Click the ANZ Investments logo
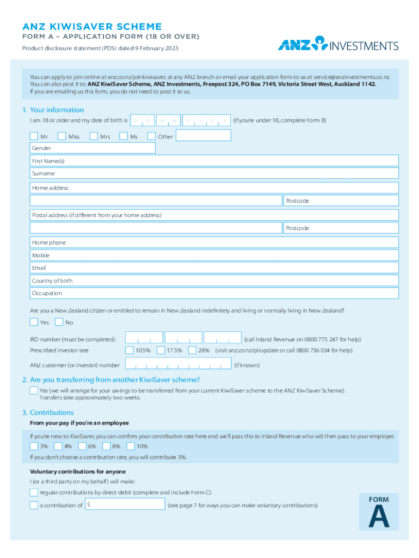point(338,45)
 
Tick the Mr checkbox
point(34,136)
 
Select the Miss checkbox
point(61,136)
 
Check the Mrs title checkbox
point(94,136)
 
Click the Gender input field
point(93,148)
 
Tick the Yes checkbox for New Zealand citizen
point(34,322)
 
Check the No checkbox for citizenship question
point(59,322)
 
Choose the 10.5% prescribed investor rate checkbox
point(130,350)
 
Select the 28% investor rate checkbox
point(192,350)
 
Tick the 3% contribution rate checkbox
point(34,446)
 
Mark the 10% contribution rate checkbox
point(131,446)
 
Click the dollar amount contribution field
point(125,505)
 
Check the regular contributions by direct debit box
point(34,493)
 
